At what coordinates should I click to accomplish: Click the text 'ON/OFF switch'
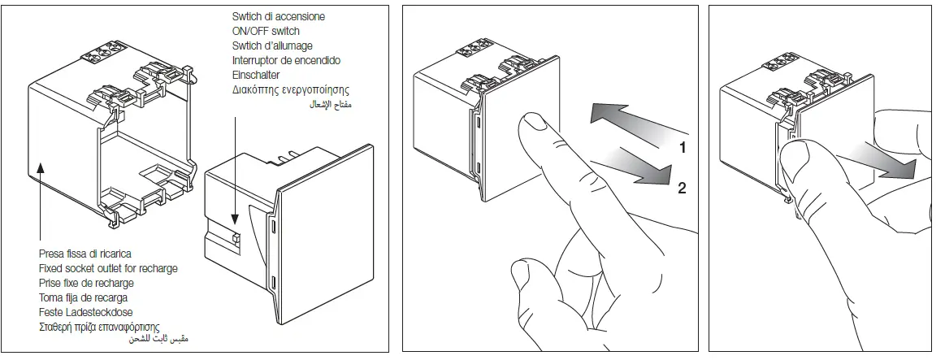(266, 31)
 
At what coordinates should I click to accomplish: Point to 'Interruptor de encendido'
(286, 60)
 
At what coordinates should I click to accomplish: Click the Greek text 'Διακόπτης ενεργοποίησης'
(290, 89)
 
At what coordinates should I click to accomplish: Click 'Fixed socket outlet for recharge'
(108, 268)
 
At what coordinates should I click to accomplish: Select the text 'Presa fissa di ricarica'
(85, 254)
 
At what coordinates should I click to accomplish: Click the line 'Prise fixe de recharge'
(86, 283)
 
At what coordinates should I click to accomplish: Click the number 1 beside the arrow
(683, 148)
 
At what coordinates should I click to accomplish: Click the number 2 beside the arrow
(683, 189)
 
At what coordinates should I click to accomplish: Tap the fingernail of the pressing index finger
(533, 122)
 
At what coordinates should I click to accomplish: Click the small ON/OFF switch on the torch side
(234, 238)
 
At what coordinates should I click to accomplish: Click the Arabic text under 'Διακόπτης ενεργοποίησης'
(333, 105)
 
